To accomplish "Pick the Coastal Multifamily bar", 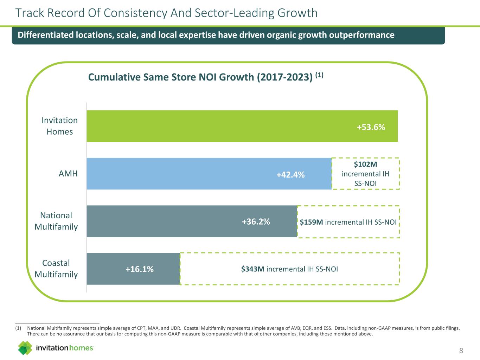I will pyautogui.click(x=105, y=269).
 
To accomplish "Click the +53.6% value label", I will pyautogui.click(x=371, y=127).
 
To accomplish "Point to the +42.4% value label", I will pyautogui.click(x=290, y=175).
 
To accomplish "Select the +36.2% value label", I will pyautogui.click(x=256, y=221).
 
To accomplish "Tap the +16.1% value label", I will pyautogui.click(x=140, y=269).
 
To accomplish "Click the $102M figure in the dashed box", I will pyautogui.click(x=365, y=165).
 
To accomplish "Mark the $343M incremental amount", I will pyautogui.click(x=253, y=269).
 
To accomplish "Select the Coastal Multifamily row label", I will pyautogui.click(x=56, y=269).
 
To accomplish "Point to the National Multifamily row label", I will pyautogui.click(x=56, y=221).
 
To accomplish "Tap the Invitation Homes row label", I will pyautogui.click(x=60, y=126).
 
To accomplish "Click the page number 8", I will pyautogui.click(x=461, y=351).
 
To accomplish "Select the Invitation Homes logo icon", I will pyautogui.click(x=25, y=348).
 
